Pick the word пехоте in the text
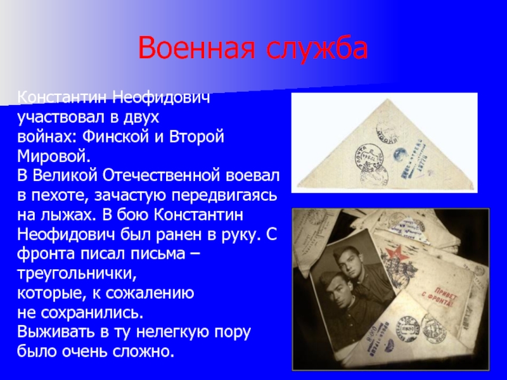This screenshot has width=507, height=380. [54, 191]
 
